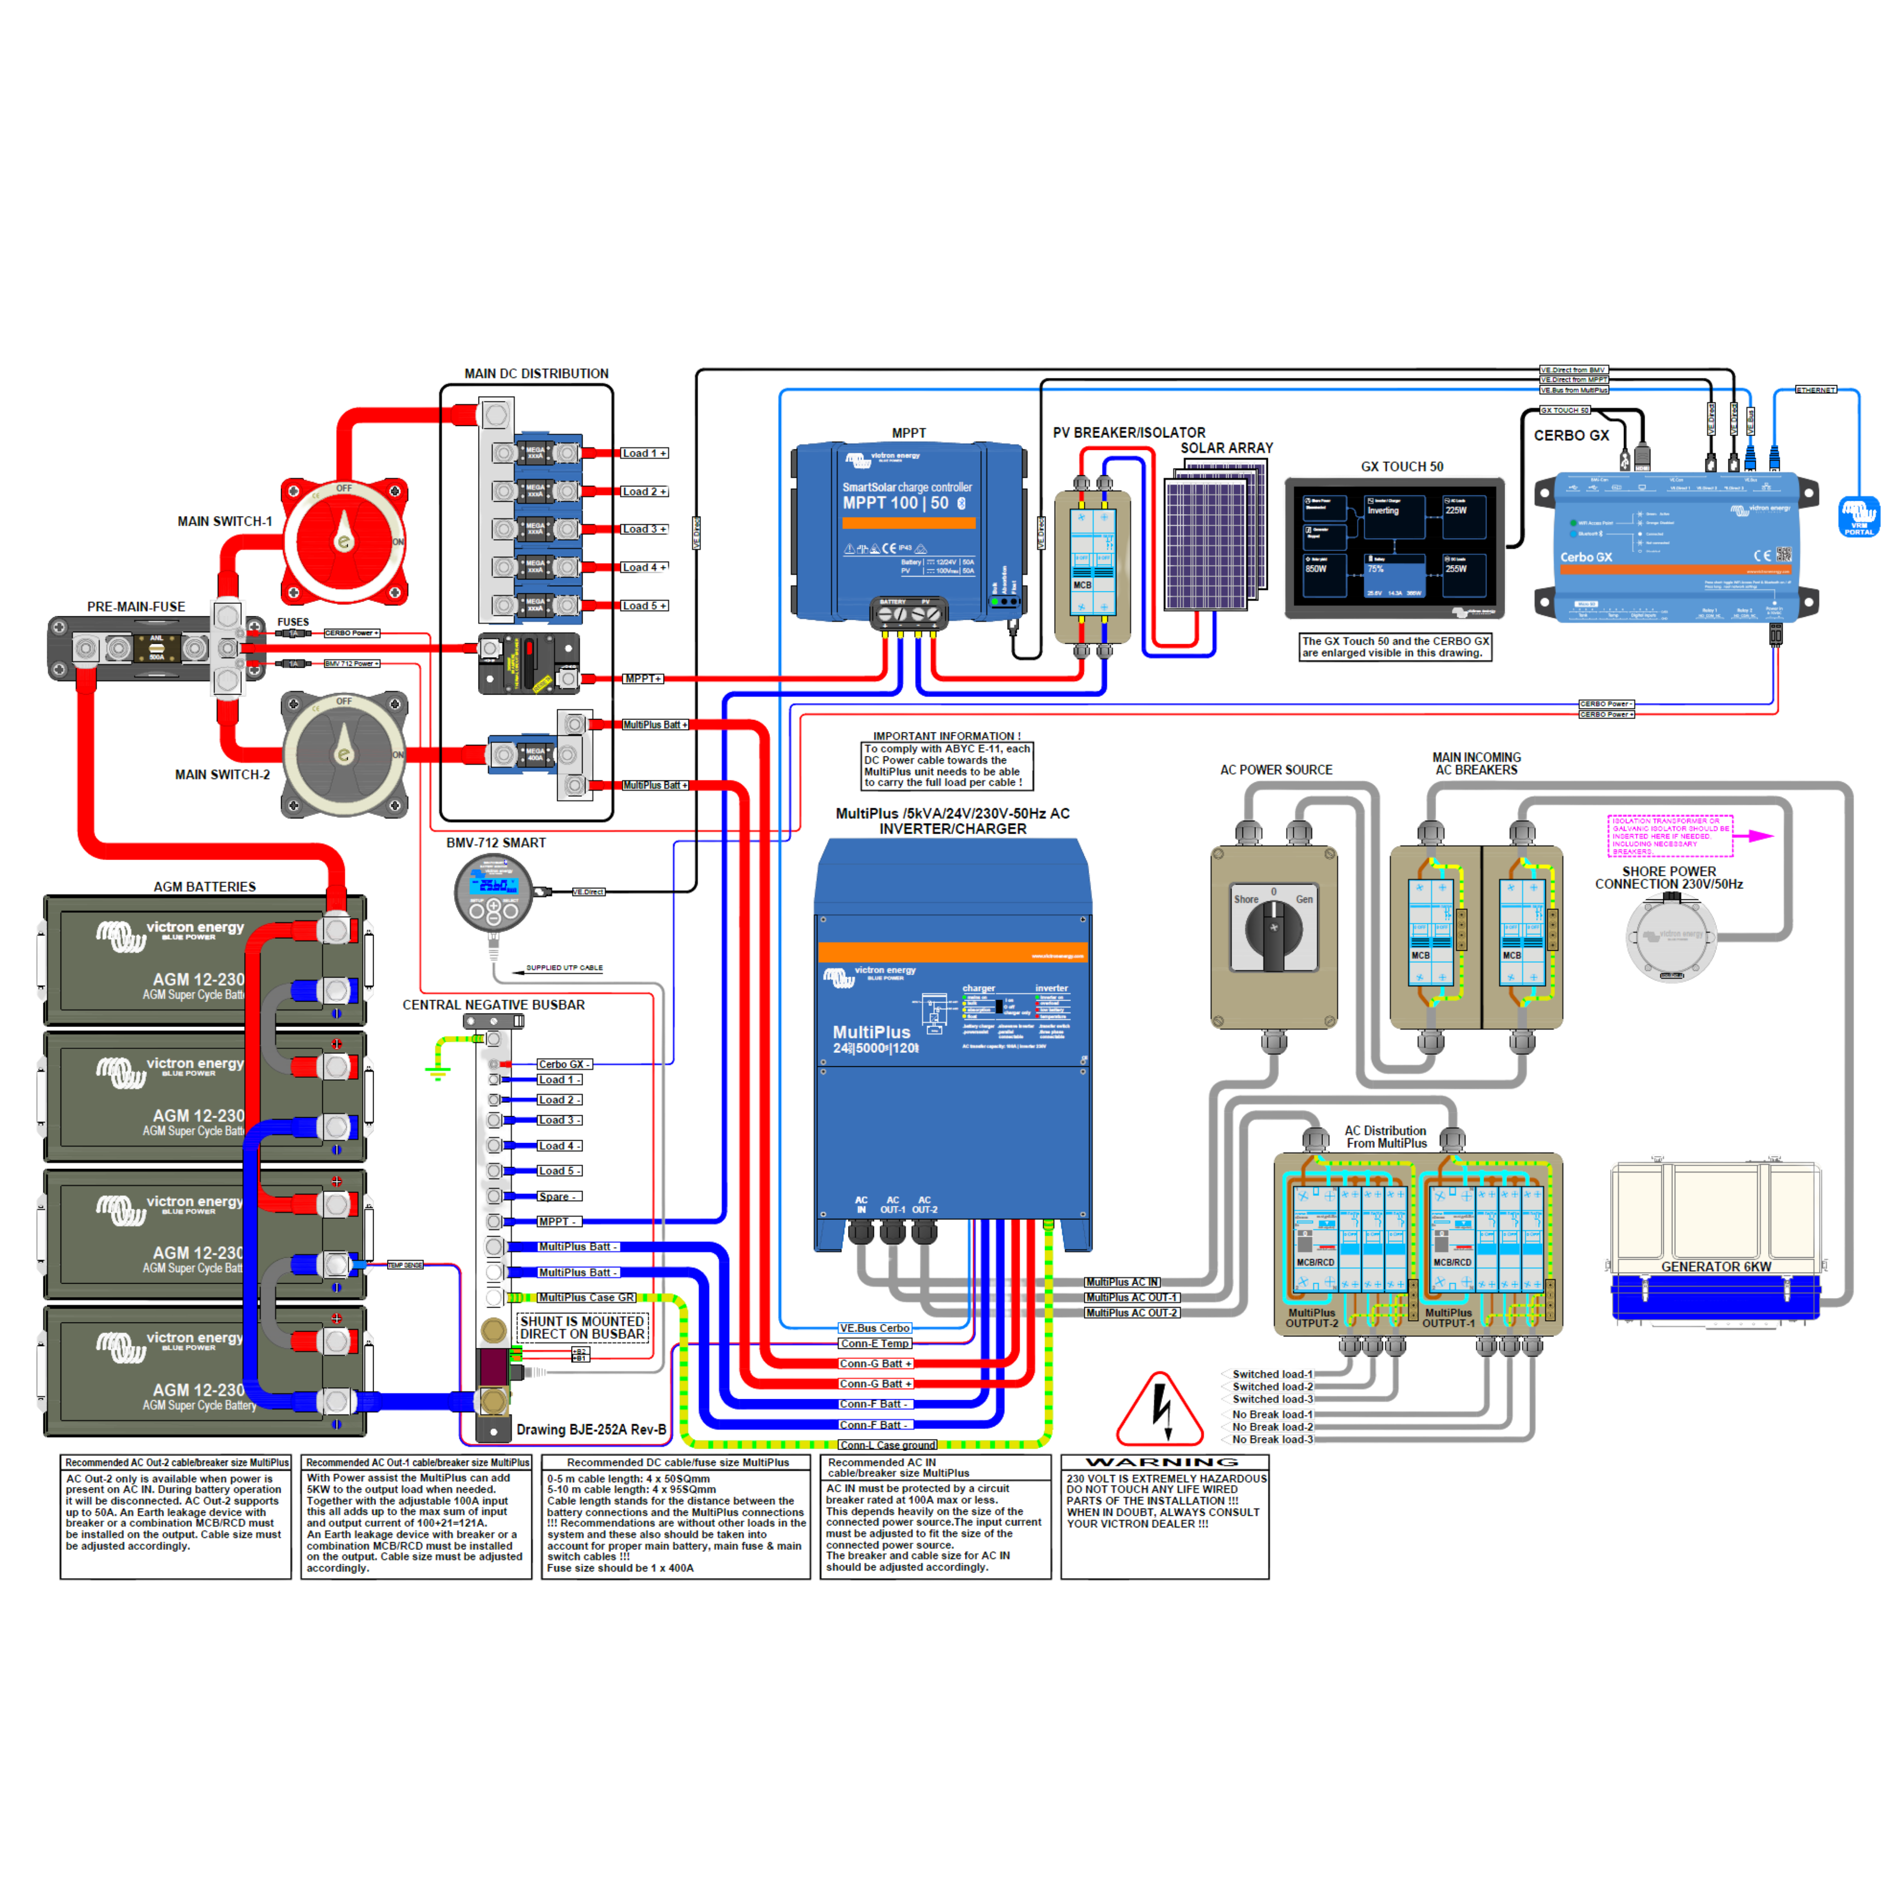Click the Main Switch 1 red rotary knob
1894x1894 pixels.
[x=344, y=540]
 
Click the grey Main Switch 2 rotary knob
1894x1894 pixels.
[x=344, y=753]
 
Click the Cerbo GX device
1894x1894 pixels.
[x=1676, y=546]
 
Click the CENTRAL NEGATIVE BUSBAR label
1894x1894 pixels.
[x=494, y=1005]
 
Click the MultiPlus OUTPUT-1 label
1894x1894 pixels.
[x=1448, y=1317]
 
